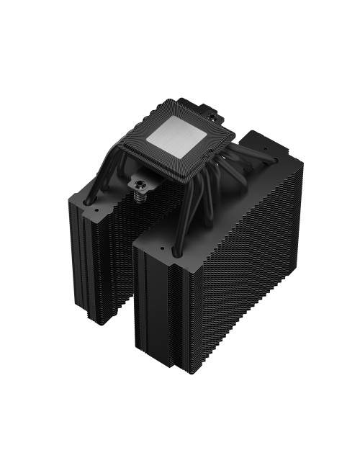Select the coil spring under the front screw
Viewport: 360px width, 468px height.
point(138,195)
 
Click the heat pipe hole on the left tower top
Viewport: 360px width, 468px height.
point(93,203)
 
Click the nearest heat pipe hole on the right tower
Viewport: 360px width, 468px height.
point(174,251)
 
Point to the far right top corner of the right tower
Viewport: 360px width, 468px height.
point(303,163)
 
